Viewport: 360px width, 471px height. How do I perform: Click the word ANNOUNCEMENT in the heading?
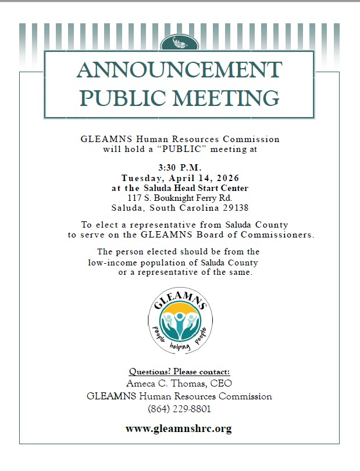click(x=179, y=70)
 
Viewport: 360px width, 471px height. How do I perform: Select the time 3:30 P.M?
click(x=179, y=168)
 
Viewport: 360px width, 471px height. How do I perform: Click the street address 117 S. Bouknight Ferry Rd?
click(x=179, y=198)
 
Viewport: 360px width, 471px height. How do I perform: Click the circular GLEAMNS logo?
click(x=180, y=320)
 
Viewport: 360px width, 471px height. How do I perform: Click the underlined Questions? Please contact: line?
click(x=179, y=371)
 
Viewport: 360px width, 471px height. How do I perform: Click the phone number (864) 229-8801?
click(x=179, y=409)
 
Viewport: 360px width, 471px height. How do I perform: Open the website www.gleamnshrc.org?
click(x=179, y=429)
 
